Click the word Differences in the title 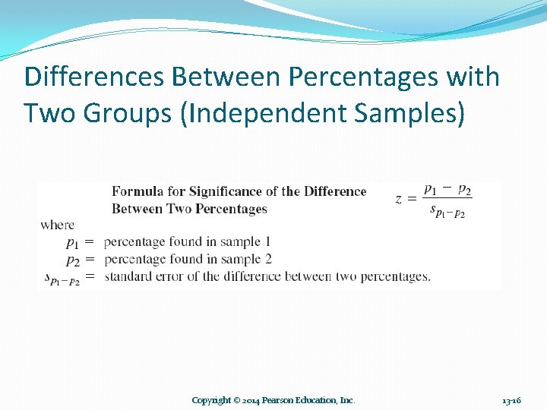[94, 77]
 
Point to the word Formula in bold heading [138, 191]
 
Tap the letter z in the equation [399, 200]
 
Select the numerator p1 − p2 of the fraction [447, 190]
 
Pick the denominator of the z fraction [447, 211]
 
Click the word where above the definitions [58, 225]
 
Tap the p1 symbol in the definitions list [72, 243]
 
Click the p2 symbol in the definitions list [72, 260]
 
